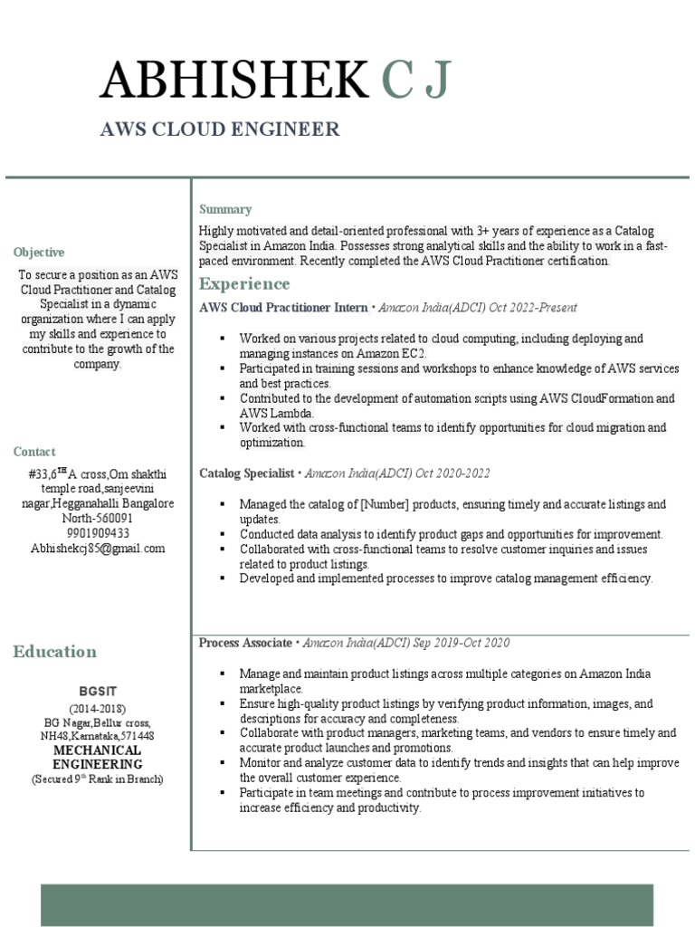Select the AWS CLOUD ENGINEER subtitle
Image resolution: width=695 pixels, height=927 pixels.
pos(220,129)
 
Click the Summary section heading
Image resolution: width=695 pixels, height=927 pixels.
pos(225,209)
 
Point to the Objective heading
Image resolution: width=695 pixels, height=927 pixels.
pos(39,253)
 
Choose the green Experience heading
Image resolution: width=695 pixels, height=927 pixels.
pos(244,284)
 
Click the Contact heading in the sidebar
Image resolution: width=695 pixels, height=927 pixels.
pos(34,452)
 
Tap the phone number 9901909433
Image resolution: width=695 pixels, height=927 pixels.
pos(98,533)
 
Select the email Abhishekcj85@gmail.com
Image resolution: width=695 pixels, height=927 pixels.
pos(98,549)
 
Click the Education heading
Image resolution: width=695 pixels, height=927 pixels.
pos(54,652)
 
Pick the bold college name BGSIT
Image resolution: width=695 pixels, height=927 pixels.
pos(98,691)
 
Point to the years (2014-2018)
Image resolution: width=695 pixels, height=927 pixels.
pos(98,708)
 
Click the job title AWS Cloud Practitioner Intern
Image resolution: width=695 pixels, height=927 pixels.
pos(283,308)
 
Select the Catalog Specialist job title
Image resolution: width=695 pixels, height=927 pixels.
pos(246,473)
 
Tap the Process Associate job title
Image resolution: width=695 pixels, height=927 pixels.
pos(245,643)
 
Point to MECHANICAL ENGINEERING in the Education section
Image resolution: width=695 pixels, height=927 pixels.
pos(98,758)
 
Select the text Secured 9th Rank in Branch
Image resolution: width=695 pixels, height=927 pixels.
pos(98,779)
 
